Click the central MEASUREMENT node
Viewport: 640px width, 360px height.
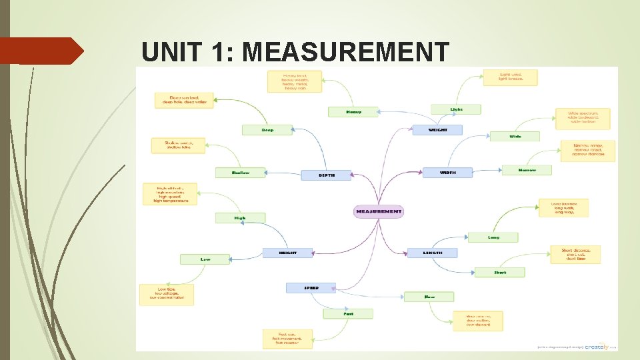pos(379,211)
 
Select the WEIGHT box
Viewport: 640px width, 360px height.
pos(437,129)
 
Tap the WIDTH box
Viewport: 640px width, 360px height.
pos(447,173)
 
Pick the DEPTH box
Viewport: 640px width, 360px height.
pos(326,175)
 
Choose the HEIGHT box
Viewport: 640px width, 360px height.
pos(287,253)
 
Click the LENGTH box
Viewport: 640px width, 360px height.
pos(432,253)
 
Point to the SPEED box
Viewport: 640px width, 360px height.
pos(311,288)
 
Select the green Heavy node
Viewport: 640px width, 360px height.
pos(353,112)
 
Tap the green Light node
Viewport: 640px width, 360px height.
pos(456,109)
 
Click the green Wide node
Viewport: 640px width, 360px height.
pos(515,136)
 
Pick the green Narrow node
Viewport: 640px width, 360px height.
pos(527,170)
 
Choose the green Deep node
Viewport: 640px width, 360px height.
pos(267,130)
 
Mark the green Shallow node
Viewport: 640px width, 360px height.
pos(240,173)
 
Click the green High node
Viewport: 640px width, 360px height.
pos(240,218)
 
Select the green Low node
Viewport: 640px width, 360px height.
pos(205,259)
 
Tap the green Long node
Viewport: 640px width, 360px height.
pos(493,237)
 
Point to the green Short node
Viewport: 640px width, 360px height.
pos(499,272)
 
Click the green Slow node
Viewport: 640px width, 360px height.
pos(429,297)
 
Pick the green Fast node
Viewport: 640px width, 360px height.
pos(348,313)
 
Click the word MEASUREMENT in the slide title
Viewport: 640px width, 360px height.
pos(346,52)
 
